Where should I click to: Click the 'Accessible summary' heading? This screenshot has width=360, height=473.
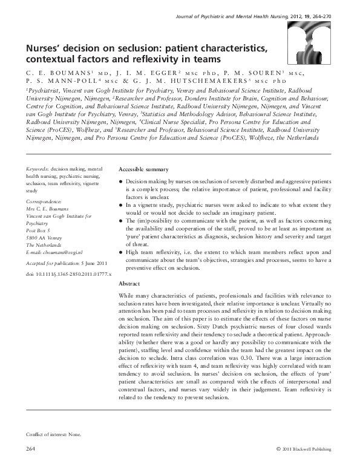click(143, 169)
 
